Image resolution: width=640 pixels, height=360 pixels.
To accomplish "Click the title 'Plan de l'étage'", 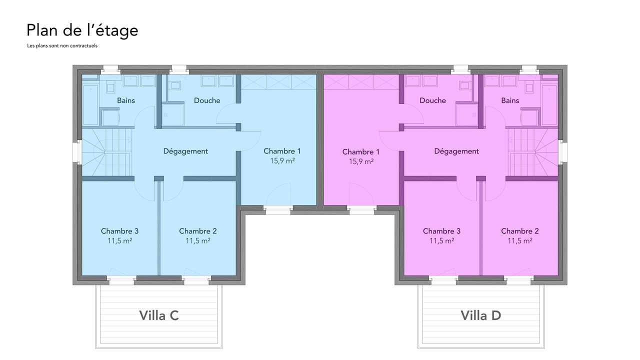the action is pyautogui.click(x=82, y=31).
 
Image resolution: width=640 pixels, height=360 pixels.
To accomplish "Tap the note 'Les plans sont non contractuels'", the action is pyautogui.click(x=62, y=45).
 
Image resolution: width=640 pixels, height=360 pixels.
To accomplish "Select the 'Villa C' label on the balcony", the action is pyautogui.click(x=159, y=315).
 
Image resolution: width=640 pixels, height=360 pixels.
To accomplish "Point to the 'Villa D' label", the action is pyautogui.click(x=481, y=315).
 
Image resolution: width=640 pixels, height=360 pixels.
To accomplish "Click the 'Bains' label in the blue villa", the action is pyautogui.click(x=126, y=100).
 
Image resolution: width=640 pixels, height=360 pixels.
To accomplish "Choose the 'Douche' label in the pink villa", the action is pyautogui.click(x=432, y=100).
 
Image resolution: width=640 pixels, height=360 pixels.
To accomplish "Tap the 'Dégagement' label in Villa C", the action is pyautogui.click(x=185, y=151).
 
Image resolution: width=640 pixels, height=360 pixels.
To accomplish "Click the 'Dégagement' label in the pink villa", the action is pyautogui.click(x=456, y=151).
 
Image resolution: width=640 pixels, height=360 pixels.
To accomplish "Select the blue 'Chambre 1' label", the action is pyautogui.click(x=282, y=151).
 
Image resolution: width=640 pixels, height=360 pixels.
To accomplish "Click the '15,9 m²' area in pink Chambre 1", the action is pyautogui.click(x=361, y=161).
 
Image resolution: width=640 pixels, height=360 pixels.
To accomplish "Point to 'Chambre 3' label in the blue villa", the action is pyautogui.click(x=119, y=231).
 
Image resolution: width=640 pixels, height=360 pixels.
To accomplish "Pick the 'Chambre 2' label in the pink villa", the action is pyautogui.click(x=520, y=231).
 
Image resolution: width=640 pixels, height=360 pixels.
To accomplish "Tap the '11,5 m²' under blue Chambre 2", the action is pyautogui.click(x=198, y=241).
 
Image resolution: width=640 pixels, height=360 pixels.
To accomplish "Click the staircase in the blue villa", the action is pyautogui.click(x=107, y=152).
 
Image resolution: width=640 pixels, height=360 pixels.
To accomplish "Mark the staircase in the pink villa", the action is pyautogui.click(x=533, y=152).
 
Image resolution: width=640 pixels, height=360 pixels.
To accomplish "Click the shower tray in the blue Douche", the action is pyautogui.click(x=173, y=115).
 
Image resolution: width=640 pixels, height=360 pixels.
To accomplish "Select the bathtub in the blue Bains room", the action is pyautogui.click(x=90, y=105).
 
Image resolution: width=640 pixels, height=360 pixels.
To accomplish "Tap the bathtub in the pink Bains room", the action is pyautogui.click(x=549, y=105).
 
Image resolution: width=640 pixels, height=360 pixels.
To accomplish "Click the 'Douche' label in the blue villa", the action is pyautogui.click(x=207, y=100).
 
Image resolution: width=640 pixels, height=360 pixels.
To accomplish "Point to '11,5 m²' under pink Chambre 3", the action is pyautogui.click(x=441, y=241).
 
